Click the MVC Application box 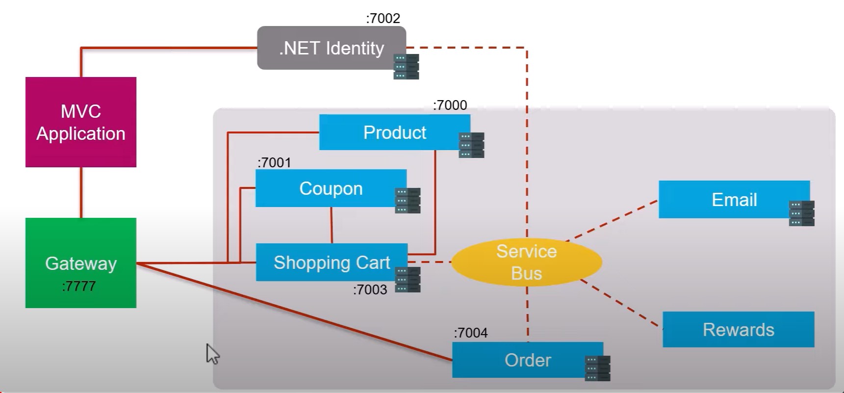pyautogui.click(x=81, y=122)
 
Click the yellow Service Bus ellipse pyautogui.click(x=526, y=262)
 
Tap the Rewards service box pyautogui.click(x=738, y=329)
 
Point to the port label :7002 pyautogui.click(x=383, y=19)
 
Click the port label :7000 pyautogui.click(x=450, y=105)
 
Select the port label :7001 pyautogui.click(x=274, y=162)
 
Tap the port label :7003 pyautogui.click(x=370, y=289)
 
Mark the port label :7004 pyautogui.click(x=471, y=333)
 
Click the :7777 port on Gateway pyautogui.click(x=79, y=286)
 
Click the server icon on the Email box pyautogui.click(x=801, y=213)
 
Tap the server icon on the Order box pyautogui.click(x=597, y=368)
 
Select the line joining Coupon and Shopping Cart pyautogui.click(x=332, y=225)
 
